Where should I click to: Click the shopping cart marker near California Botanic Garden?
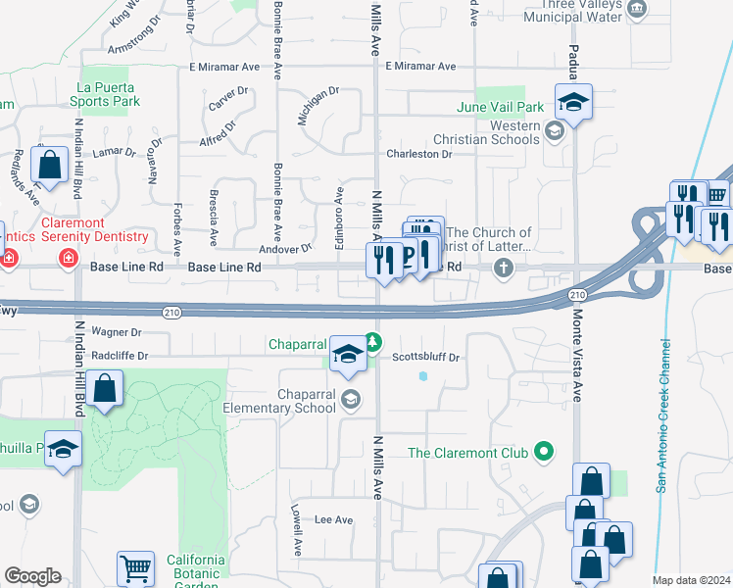point(135,567)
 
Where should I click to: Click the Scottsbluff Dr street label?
point(426,358)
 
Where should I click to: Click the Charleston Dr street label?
point(418,154)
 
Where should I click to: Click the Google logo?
point(32,576)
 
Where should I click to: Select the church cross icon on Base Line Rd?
point(504,268)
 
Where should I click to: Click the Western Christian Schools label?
point(501,133)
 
